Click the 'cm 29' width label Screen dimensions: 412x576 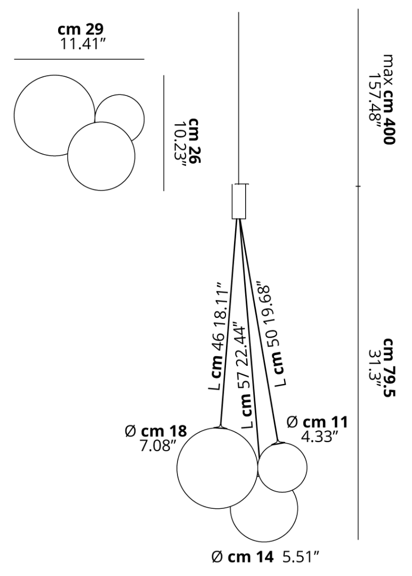[80, 29]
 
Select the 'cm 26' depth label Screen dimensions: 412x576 [194, 141]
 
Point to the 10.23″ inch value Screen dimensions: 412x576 [180, 145]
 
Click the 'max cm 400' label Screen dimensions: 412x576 [389, 99]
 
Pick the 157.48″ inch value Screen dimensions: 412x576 [375, 103]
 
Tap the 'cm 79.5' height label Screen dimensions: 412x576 [389, 368]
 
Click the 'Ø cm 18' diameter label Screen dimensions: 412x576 [156, 431]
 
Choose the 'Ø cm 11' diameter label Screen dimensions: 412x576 [317, 422]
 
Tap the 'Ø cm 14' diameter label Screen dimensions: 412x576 [243, 557]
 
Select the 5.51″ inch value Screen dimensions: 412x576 [301, 557]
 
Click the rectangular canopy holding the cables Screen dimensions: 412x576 [239, 202]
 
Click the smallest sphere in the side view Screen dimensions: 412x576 [282, 468]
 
